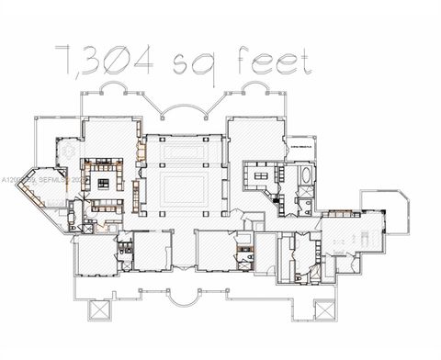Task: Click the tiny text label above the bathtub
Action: point(301,145)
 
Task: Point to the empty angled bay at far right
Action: point(386,212)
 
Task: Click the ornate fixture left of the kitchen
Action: point(68,152)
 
